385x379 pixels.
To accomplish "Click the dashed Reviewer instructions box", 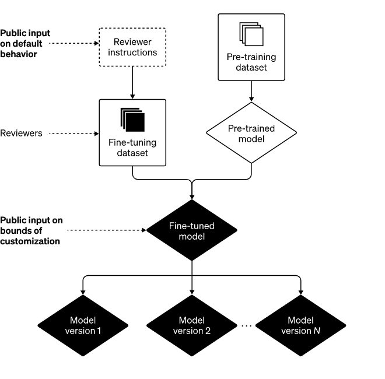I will point(133,47).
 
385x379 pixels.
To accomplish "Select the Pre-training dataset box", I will point(251,47).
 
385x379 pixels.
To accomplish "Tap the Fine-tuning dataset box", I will point(133,132).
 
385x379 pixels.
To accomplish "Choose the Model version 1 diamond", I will point(83,325).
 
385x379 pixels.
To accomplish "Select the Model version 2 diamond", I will point(192,325).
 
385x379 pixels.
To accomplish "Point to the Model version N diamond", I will point(301,325).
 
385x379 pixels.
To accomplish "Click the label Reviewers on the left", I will point(21,134).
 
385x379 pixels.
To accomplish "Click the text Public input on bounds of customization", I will point(30,230).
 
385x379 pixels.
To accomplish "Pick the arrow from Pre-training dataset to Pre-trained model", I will point(251,91).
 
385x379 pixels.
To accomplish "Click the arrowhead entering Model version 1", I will point(83,290).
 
